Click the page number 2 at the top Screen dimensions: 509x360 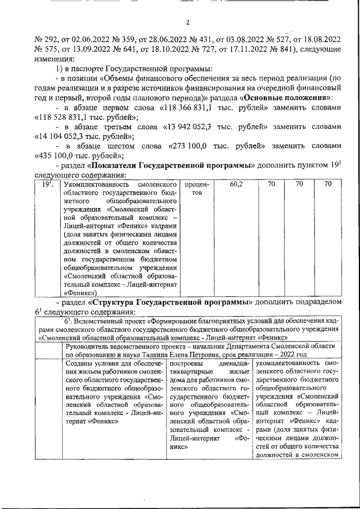click(189, 22)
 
